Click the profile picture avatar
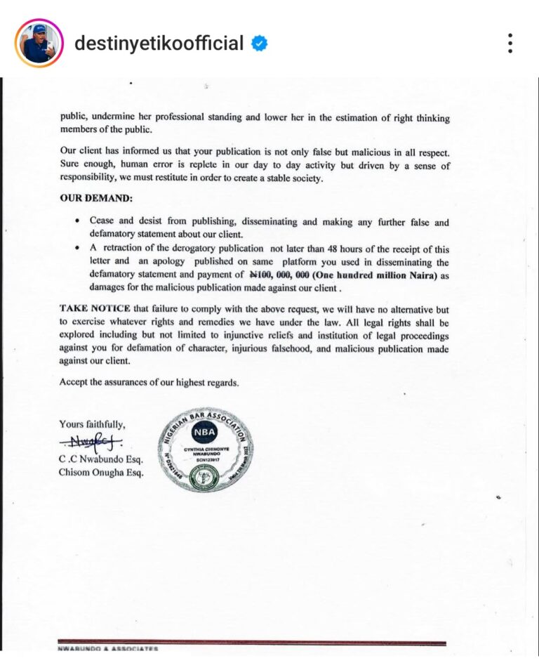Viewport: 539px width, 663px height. [x=39, y=44]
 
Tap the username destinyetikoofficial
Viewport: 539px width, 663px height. [x=159, y=44]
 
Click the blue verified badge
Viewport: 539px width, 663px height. [x=260, y=44]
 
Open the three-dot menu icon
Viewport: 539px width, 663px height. [x=510, y=44]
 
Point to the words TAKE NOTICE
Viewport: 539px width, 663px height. [x=93, y=308]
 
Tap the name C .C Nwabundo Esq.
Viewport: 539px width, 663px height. [x=101, y=459]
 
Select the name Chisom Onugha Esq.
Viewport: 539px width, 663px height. [x=101, y=472]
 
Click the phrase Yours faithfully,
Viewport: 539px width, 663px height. [x=92, y=424]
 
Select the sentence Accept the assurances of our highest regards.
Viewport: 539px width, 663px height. [x=149, y=383]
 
